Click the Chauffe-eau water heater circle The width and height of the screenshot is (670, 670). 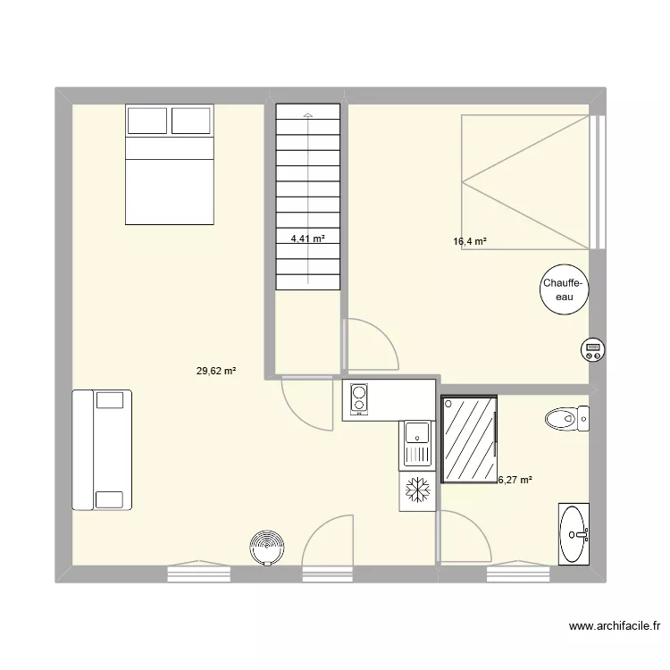tap(564, 289)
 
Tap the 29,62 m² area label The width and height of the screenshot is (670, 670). tap(216, 371)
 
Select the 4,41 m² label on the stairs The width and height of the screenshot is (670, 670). tap(307, 239)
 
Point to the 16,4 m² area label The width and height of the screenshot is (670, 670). tap(470, 241)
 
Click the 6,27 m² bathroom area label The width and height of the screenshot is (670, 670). tap(515, 480)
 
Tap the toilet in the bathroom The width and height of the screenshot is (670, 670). tap(567, 418)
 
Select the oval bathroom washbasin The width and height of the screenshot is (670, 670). tap(574, 534)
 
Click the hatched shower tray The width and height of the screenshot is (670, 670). tap(469, 439)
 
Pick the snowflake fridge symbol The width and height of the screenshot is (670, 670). tap(417, 490)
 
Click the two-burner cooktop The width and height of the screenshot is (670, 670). tap(359, 399)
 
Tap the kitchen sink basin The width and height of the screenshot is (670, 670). tap(417, 432)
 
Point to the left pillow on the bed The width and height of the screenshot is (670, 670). tap(147, 121)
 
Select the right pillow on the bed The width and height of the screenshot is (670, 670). tap(191, 121)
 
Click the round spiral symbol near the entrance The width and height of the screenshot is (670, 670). tap(267, 548)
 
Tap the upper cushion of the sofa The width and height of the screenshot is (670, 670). tap(110, 400)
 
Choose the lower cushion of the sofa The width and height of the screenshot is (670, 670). tap(110, 499)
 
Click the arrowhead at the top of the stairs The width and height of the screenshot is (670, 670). tap(308, 115)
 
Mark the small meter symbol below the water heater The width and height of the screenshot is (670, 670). tap(592, 350)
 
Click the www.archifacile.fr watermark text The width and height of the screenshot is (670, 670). tap(615, 626)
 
